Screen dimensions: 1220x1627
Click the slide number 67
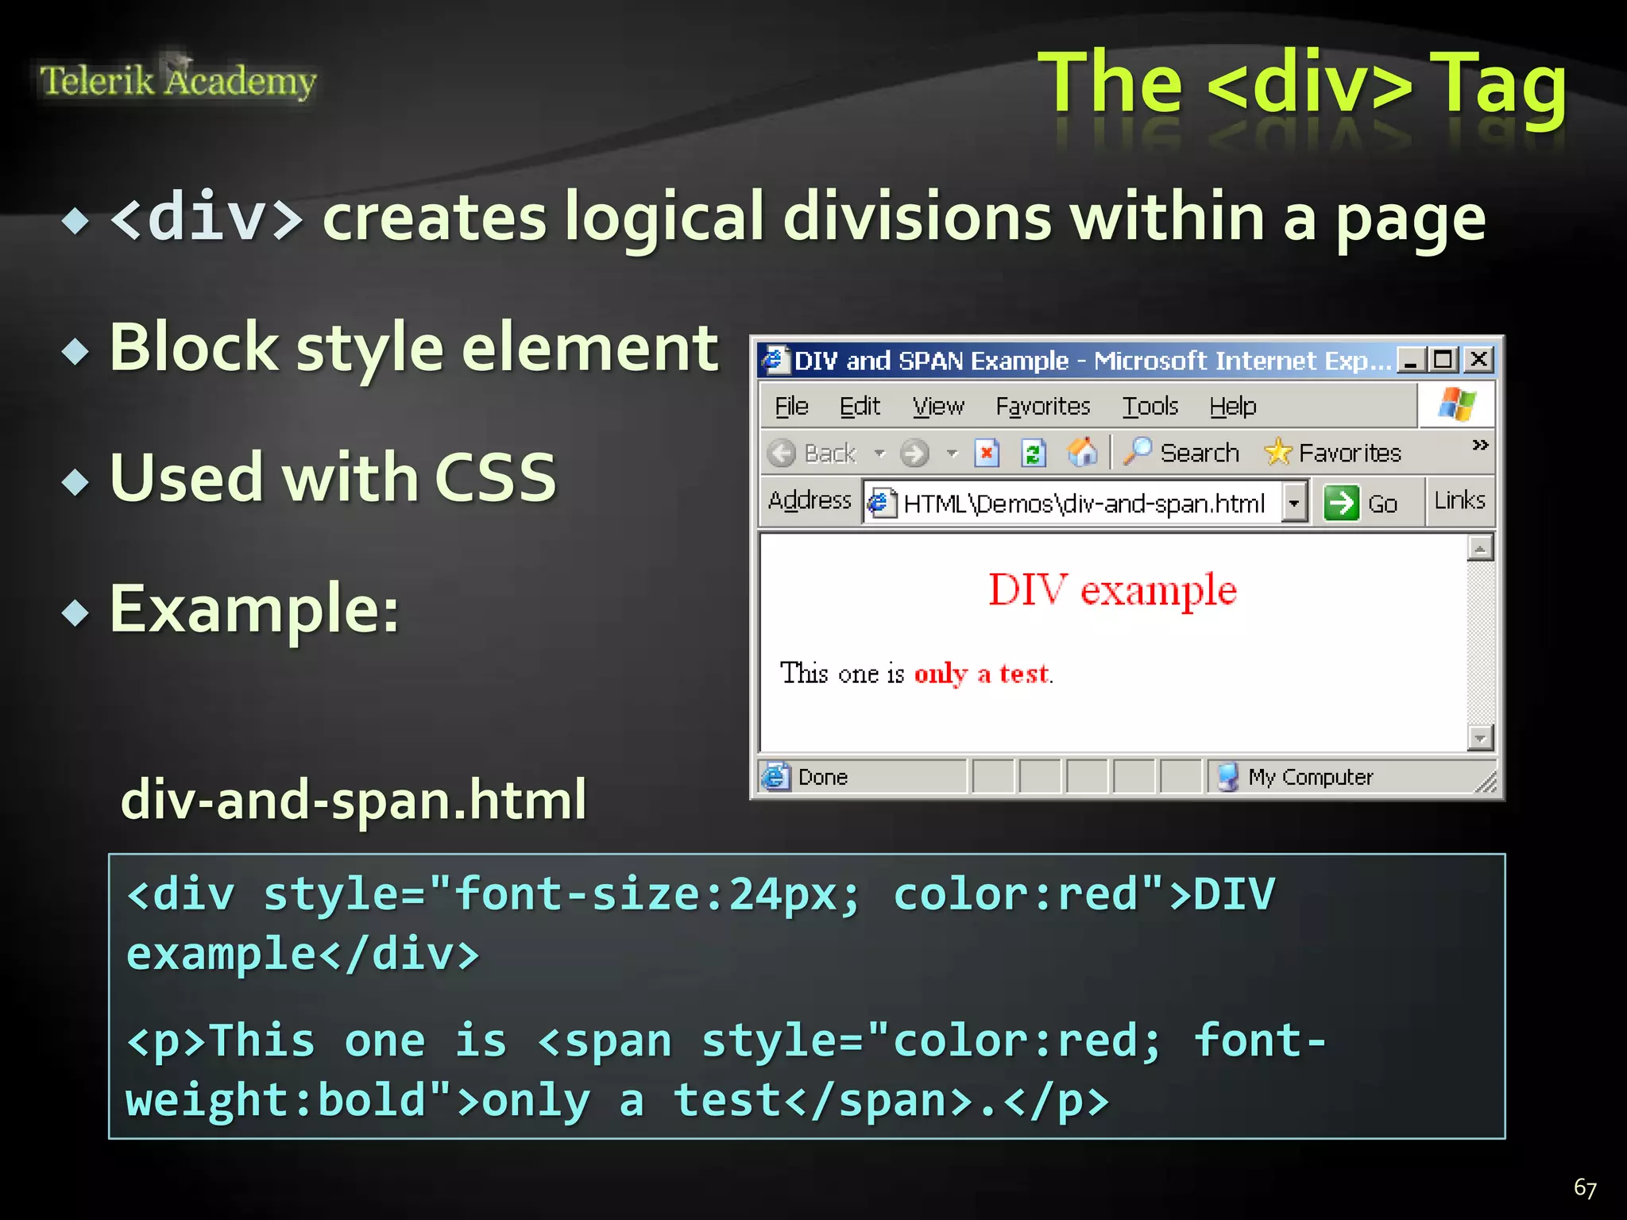click(1585, 1187)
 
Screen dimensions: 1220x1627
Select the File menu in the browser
click(791, 407)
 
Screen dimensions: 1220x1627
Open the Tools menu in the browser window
click(1150, 407)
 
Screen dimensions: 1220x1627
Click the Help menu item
click(1232, 407)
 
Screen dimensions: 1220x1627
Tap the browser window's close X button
click(1478, 360)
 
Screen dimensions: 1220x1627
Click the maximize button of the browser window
click(1443, 360)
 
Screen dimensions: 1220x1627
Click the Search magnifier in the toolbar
click(1138, 452)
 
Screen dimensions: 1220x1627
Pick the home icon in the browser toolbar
click(1082, 453)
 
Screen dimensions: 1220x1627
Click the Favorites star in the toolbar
click(1277, 453)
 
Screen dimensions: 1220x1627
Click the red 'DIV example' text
click(1112, 590)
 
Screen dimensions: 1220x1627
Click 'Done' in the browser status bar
click(822, 777)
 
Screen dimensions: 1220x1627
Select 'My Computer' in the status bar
click(1309, 777)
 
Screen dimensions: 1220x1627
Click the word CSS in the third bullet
click(496, 477)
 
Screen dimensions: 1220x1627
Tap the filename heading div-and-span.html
click(354, 799)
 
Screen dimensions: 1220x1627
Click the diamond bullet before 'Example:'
click(75, 612)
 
